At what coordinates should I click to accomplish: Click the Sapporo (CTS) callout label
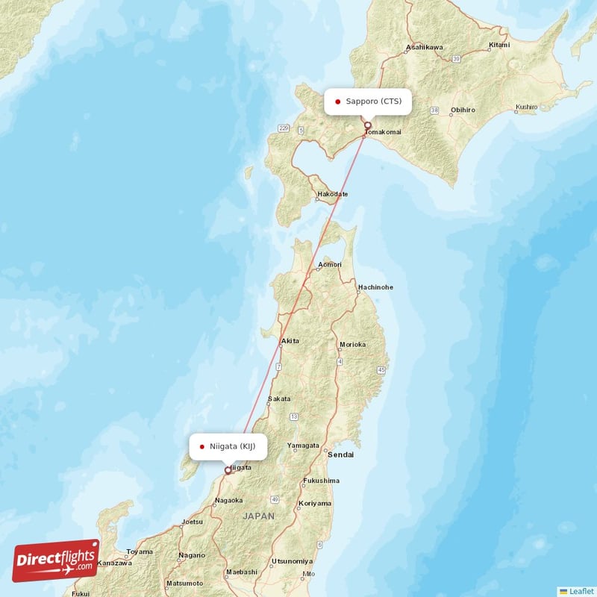pyautogui.click(x=368, y=101)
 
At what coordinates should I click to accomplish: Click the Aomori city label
pyautogui.click(x=330, y=265)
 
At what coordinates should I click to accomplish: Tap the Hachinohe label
pyautogui.click(x=375, y=287)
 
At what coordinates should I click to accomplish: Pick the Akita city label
pyautogui.click(x=290, y=341)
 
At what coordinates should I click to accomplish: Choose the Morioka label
pyautogui.click(x=352, y=345)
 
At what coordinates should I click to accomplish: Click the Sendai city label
pyautogui.click(x=341, y=454)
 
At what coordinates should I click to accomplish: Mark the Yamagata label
pyautogui.click(x=304, y=446)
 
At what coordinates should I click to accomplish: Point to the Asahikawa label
pyautogui.click(x=425, y=47)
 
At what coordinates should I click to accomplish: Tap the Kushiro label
pyautogui.click(x=526, y=107)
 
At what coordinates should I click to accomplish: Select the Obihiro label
pyautogui.click(x=463, y=110)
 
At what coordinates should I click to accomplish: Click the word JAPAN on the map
pyautogui.click(x=258, y=516)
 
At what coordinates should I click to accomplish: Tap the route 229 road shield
pyautogui.click(x=284, y=128)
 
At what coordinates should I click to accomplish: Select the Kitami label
pyautogui.click(x=499, y=45)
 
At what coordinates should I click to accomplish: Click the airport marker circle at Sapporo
pyautogui.click(x=367, y=125)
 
